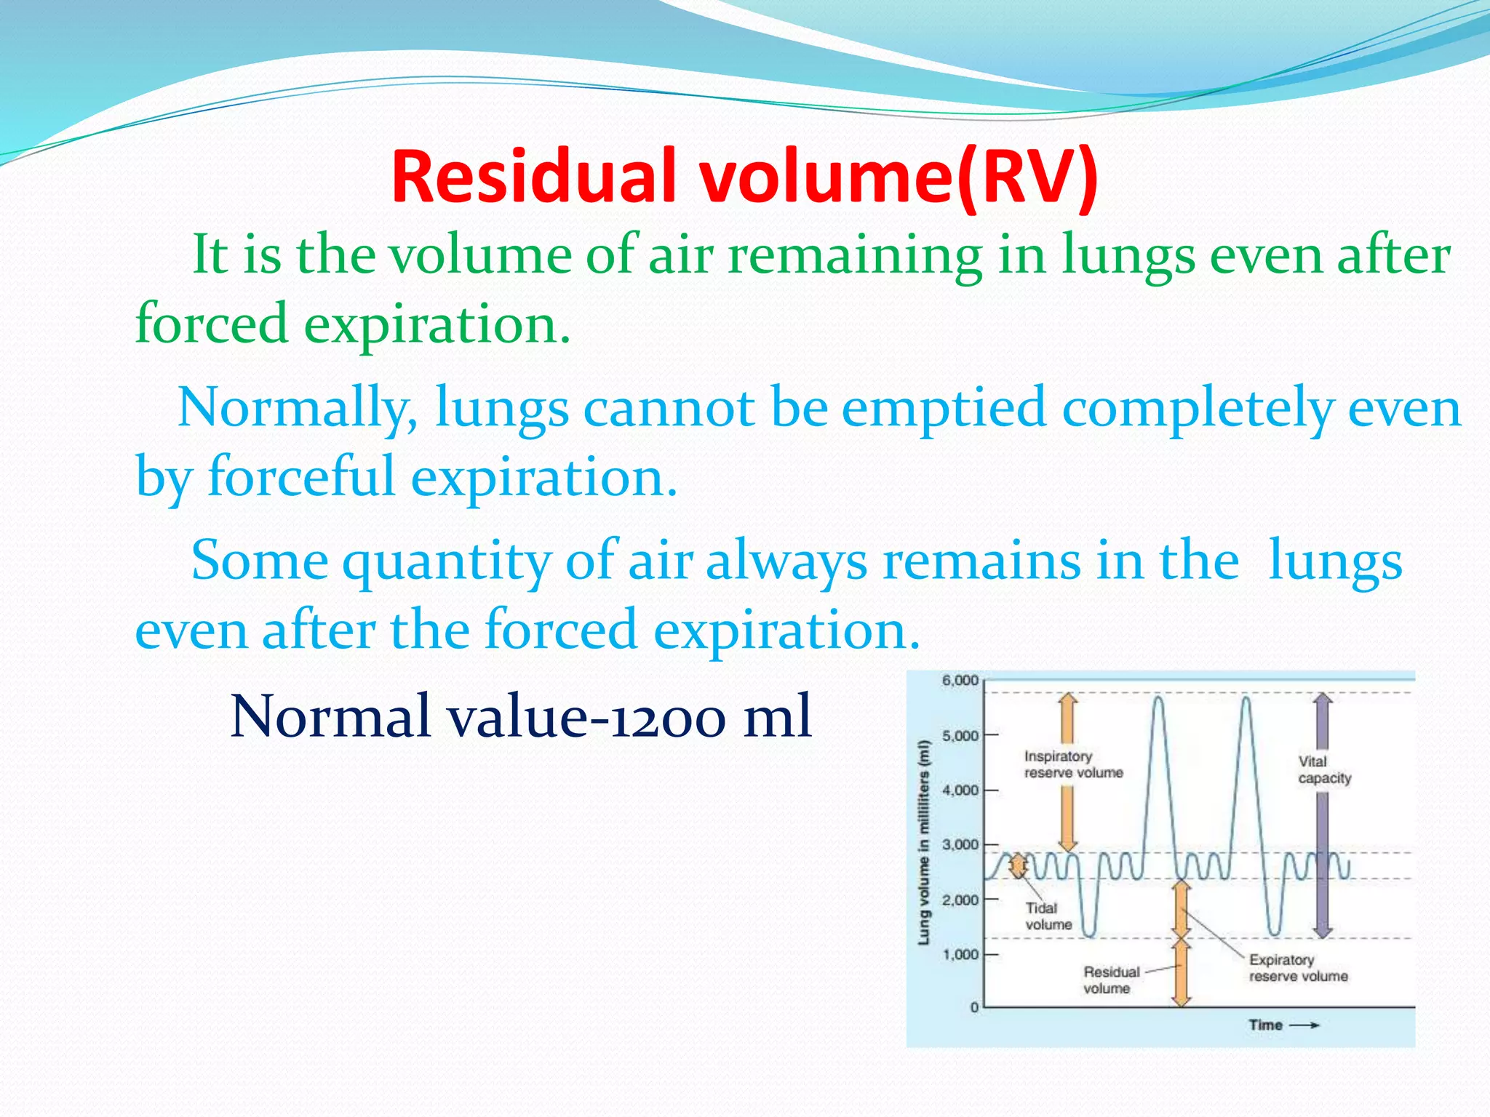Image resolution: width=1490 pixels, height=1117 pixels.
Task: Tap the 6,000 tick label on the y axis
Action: pyautogui.click(x=960, y=681)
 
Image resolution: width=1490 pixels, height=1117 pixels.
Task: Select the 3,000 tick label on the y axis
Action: pyautogui.click(x=960, y=845)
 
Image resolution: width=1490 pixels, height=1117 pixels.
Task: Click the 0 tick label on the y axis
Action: pyautogui.click(x=974, y=1008)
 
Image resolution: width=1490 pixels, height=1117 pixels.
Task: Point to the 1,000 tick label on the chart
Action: pyautogui.click(x=960, y=954)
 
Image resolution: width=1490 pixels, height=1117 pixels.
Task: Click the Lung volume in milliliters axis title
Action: pyautogui.click(x=924, y=842)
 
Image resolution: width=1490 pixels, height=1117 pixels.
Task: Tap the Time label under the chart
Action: pyautogui.click(x=1266, y=1025)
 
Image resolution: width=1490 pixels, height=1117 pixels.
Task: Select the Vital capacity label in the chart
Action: pyautogui.click(x=1324, y=770)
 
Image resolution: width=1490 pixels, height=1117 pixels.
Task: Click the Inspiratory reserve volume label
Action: pyautogui.click(x=1073, y=764)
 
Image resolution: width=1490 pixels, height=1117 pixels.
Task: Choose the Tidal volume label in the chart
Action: pyautogui.click(x=1048, y=916)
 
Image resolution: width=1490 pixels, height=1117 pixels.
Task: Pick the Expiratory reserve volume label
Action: pyautogui.click(x=1298, y=968)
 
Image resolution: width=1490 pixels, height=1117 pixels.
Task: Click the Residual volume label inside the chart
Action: pyautogui.click(x=1110, y=980)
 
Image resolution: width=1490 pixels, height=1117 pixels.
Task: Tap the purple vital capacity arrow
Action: pyautogui.click(x=1323, y=858)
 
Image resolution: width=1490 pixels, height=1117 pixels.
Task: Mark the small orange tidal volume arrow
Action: pyautogui.click(x=1019, y=865)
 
